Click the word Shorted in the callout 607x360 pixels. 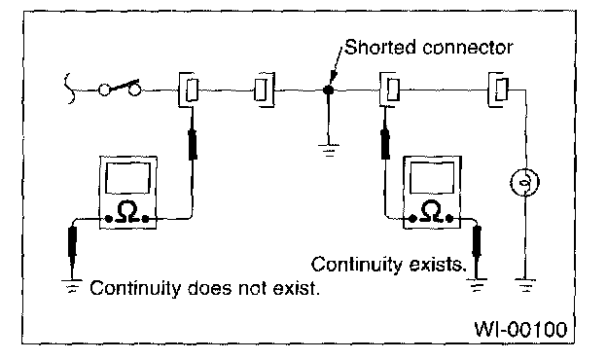tap(379, 48)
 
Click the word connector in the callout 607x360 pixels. tap(468, 48)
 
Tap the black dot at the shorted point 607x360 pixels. tap(328, 90)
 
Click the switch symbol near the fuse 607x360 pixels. tap(120, 89)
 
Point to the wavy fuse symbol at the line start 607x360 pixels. tap(70, 89)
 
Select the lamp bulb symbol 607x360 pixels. tap(525, 182)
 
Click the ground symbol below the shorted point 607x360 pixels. tap(329, 150)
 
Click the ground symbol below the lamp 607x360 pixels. tap(525, 285)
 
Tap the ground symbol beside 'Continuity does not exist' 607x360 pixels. tap(72, 286)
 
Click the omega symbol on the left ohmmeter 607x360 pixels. tap(127, 212)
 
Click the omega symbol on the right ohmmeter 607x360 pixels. tap(431, 212)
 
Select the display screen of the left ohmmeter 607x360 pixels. tap(127, 178)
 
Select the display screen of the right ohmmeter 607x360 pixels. tap(432, 177)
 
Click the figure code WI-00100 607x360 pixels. tap(520, 330)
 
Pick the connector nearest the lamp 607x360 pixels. tap(498, 90)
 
